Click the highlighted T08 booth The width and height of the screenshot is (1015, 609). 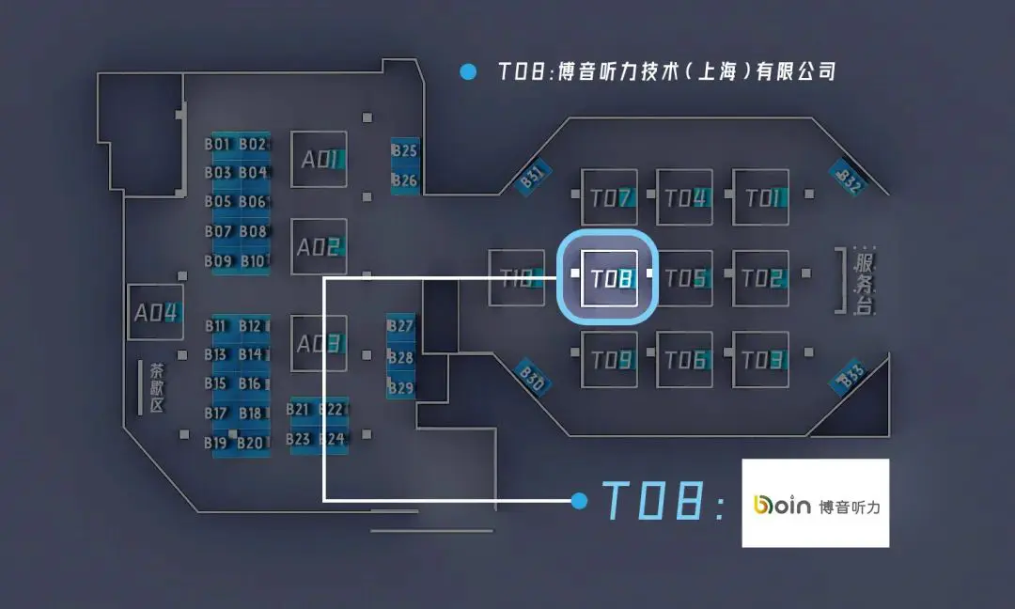tap(610, 278)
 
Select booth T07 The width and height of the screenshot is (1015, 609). tap(610, 197)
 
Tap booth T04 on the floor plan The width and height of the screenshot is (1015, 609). tap(684, 197)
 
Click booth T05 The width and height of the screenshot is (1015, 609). tap(684, 278)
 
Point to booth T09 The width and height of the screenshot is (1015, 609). tap(610, 359)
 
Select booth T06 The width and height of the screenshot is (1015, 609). tap(684, 359)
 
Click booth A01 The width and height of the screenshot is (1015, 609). tap(320, 160)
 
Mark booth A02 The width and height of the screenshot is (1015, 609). tap(320, 247)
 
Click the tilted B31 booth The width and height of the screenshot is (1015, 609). tap(534, 178)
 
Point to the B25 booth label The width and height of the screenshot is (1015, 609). tap(405, 151)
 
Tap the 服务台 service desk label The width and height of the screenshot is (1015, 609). tap(864, 281)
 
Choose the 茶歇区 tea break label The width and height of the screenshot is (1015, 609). tap(155, 387)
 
